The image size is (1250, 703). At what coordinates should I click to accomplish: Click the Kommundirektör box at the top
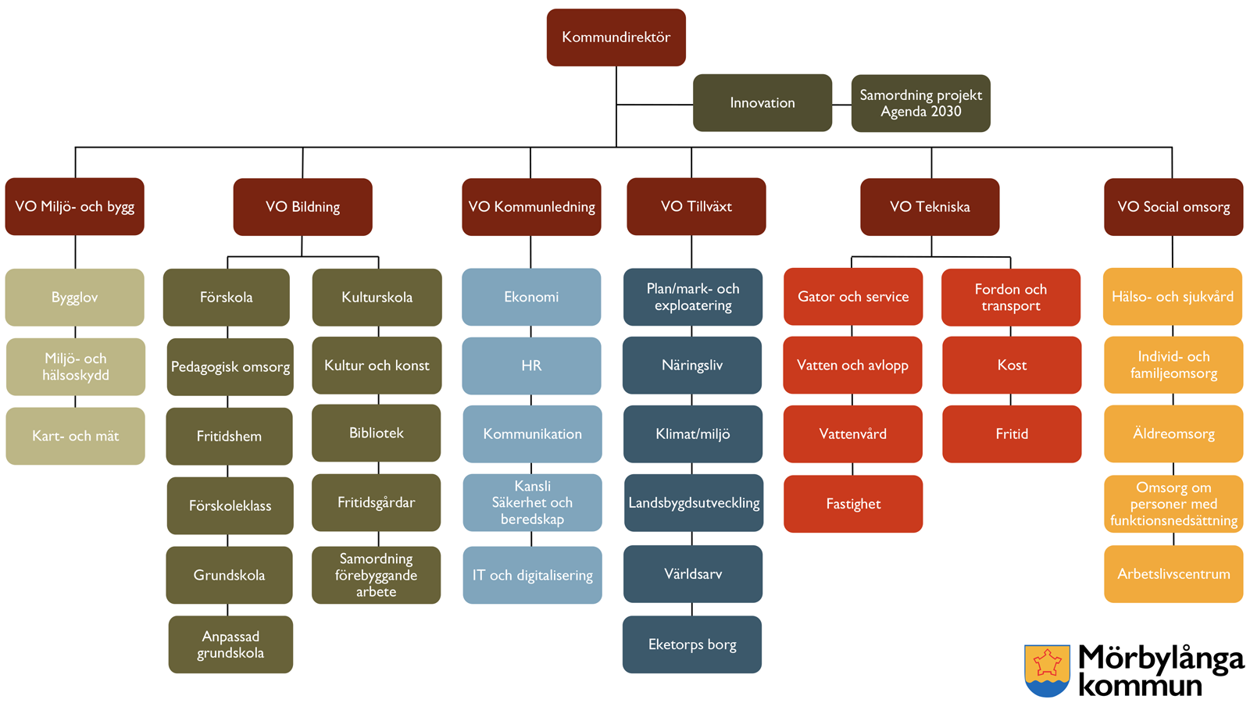click(x=616, y=37)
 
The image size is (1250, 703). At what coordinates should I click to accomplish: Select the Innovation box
click(x=762, y=102)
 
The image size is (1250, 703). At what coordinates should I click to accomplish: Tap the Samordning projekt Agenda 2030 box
click(x=920, y=103)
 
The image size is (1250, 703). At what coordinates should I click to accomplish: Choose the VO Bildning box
click(x=302, y=207)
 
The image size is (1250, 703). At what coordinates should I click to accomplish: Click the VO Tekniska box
click(x=930, y=207)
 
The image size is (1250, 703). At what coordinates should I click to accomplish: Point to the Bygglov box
click(x=75, y=298)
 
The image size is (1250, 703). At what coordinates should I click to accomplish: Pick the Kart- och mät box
click(x=75, y=436)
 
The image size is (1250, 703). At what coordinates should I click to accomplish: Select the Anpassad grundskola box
click(x=230, y=644)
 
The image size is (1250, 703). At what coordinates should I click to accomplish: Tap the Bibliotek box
click(x=377, y=433)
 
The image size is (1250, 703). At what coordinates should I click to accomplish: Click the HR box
click(x=531, y=366)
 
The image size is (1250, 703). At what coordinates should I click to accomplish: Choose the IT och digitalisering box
click(x=532, y=575)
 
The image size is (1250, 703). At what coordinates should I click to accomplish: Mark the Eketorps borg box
click(x=692, y=644)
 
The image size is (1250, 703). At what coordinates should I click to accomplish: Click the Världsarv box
click(x=693, y=574)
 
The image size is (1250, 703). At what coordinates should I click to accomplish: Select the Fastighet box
click(x=853, y=504)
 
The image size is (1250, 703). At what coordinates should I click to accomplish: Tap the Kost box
click(x=1012, y=365)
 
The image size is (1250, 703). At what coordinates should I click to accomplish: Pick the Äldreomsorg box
click(x=1173, y=434)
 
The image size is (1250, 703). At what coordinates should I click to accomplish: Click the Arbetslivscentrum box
click(x=1173, y=574)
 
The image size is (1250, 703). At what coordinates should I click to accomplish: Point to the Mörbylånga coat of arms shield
click(x=1047, y=670)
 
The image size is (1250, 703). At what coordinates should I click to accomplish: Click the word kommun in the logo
click(x=1140, y=686)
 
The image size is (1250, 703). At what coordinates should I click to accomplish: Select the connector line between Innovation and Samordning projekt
click(x=841, y=104)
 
